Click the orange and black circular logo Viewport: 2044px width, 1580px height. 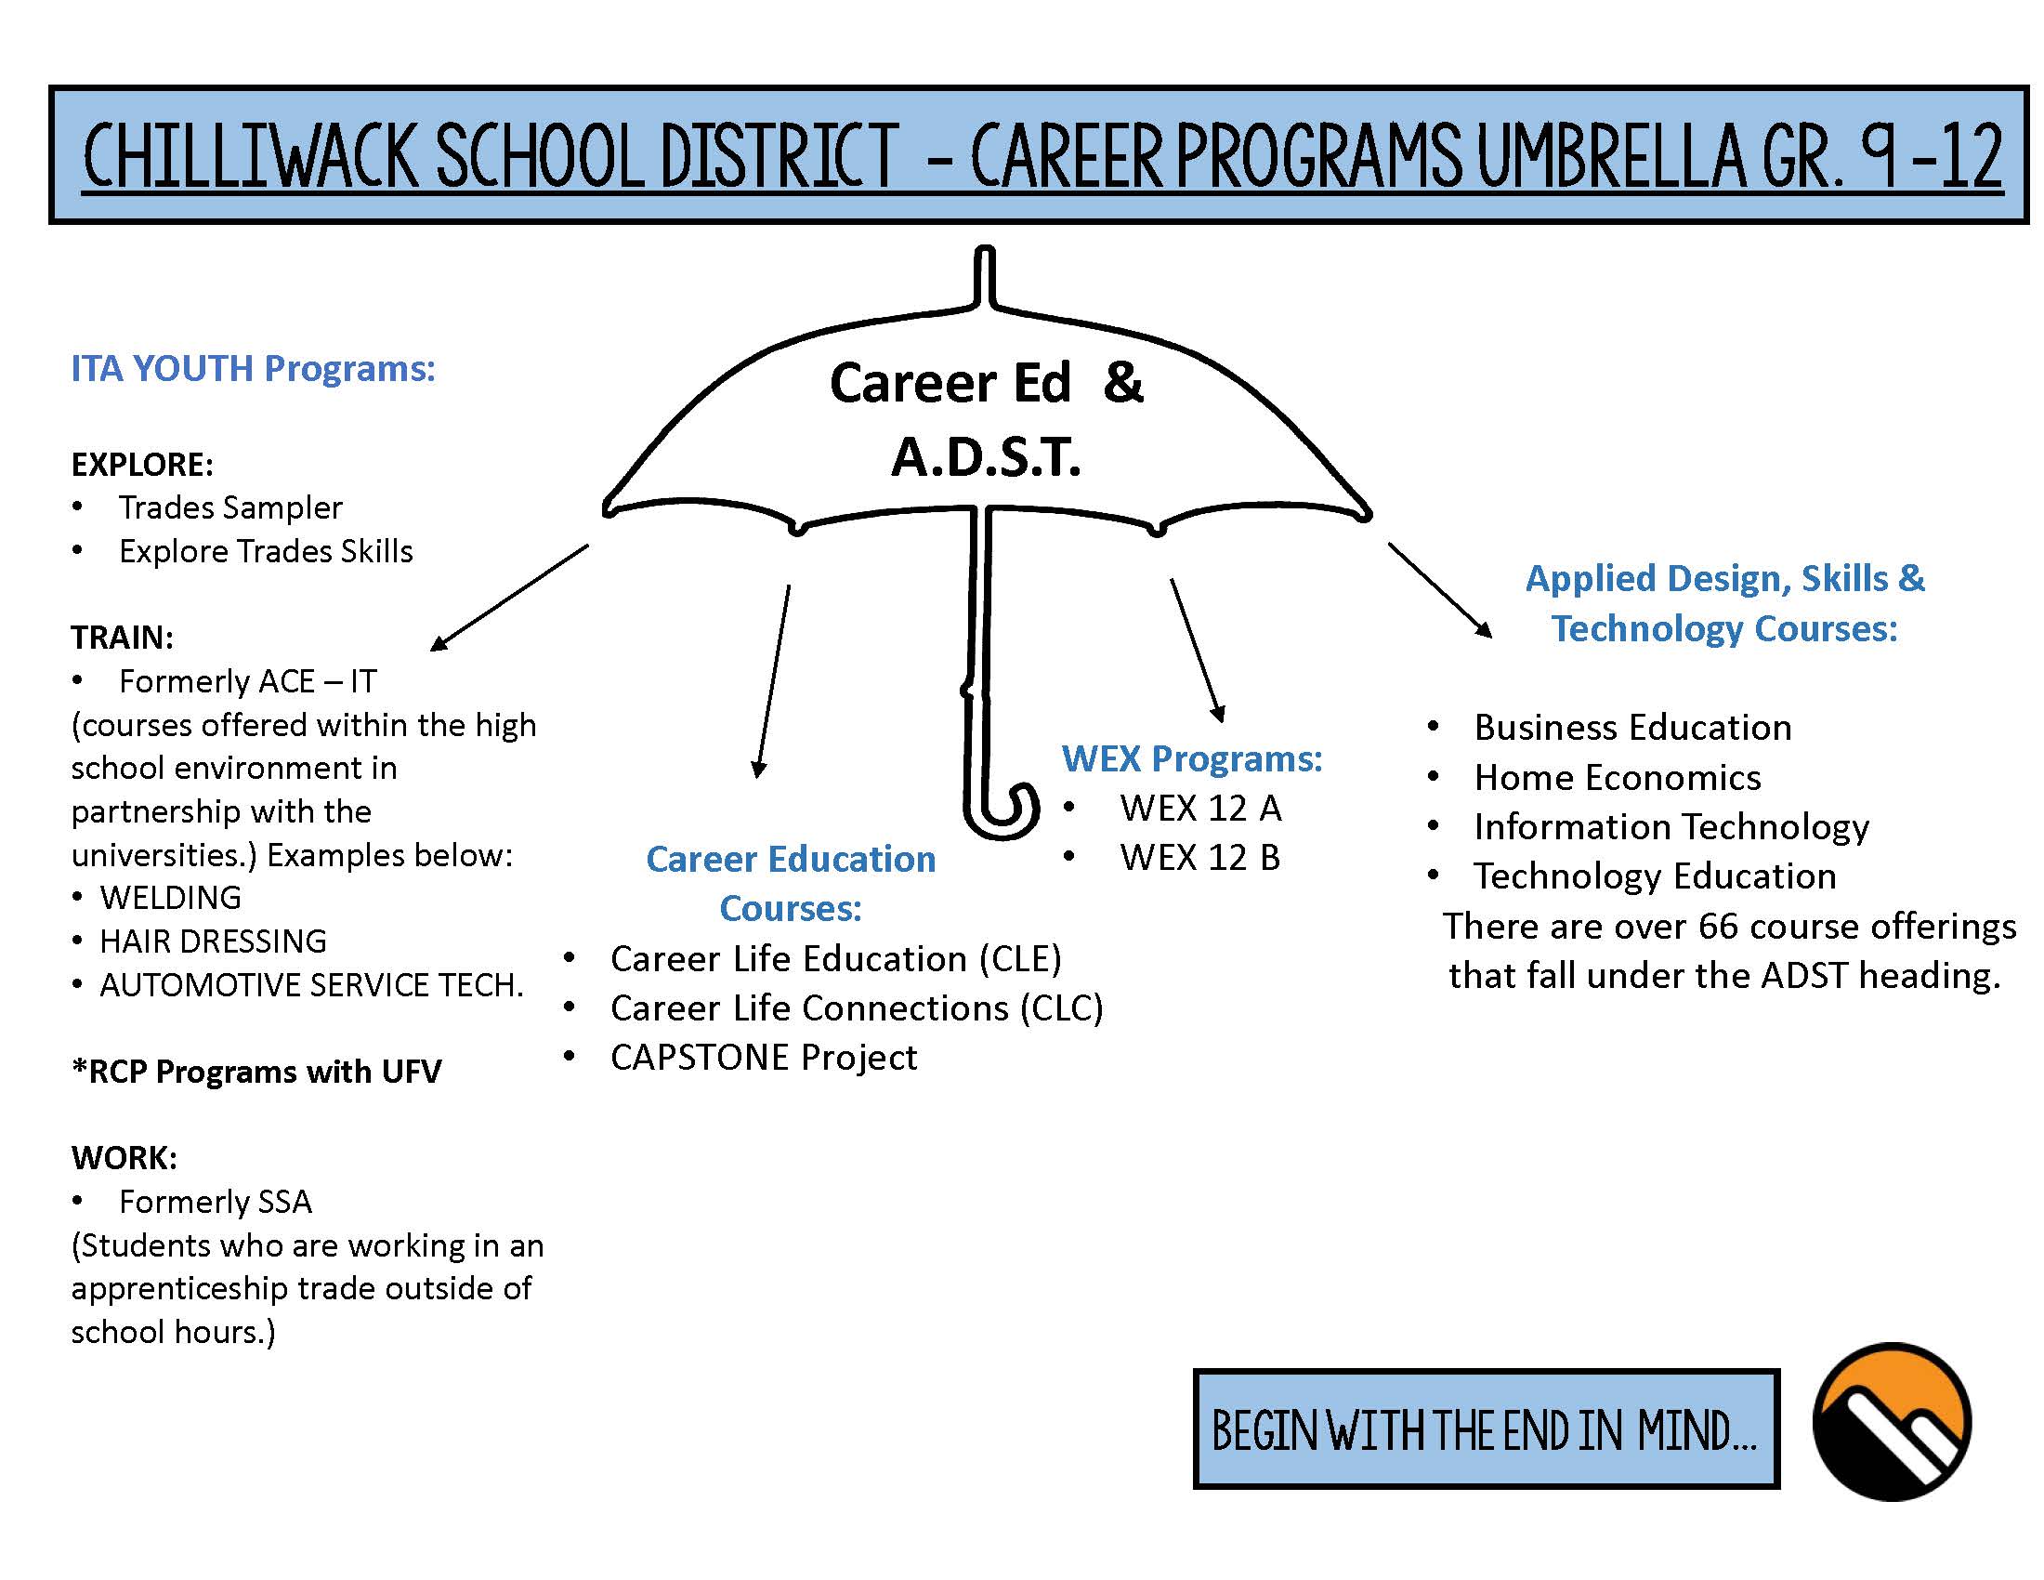1892,1423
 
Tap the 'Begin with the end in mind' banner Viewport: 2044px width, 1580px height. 1487,1429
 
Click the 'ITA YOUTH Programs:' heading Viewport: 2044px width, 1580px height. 254,369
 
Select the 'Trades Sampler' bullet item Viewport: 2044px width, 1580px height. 230,507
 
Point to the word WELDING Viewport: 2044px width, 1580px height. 170,898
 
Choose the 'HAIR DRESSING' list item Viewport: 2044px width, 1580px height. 214,941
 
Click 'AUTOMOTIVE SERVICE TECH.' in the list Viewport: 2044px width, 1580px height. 311,984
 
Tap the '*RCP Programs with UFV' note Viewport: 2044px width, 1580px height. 256,1072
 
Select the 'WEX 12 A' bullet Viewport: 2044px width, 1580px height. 1199,809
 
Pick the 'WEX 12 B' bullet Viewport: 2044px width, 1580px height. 1199,858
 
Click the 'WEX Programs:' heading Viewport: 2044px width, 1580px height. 1192,758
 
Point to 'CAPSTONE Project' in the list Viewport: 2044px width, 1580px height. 764,1058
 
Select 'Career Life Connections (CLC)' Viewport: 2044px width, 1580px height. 858,1008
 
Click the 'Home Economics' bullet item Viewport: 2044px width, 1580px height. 1618,778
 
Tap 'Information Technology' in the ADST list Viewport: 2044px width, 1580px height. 1671,827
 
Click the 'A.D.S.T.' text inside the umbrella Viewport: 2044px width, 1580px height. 987,457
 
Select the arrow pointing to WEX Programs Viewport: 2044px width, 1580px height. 1197,651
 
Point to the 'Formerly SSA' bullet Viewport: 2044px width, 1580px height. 216,1202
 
